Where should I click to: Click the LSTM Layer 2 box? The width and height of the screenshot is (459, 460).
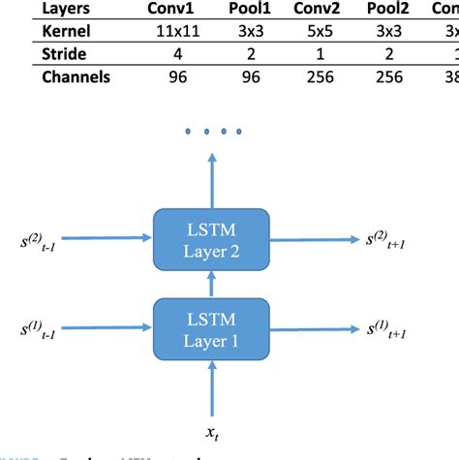tap(210, 239)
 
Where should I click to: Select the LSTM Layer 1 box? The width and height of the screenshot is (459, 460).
tap(210, 329)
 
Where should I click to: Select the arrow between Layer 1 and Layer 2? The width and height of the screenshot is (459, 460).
tap(210, 284)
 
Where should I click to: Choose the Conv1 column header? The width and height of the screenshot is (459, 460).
tap(170, 8)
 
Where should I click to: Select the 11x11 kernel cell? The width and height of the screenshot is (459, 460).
tap(170, 31)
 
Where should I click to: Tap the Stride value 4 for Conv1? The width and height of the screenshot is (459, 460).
tap(170, 54)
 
